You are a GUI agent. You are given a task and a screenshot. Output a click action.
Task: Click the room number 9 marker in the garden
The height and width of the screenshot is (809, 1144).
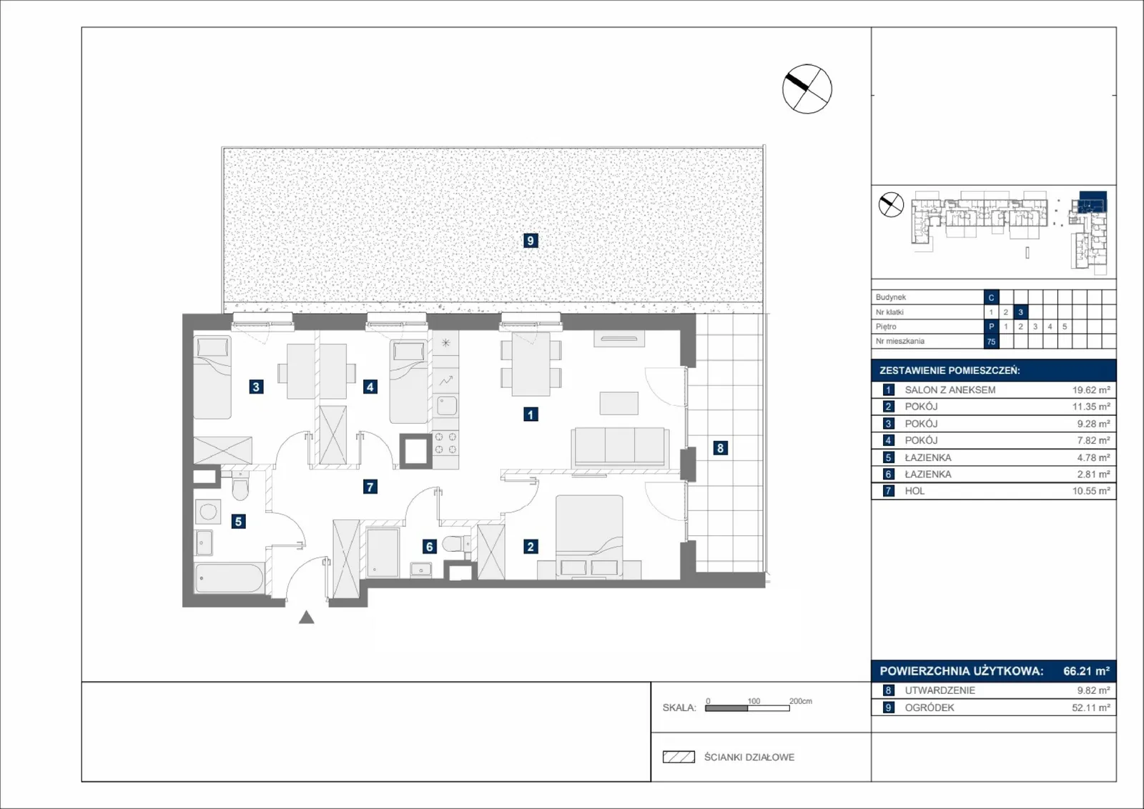click(x=530, y=240)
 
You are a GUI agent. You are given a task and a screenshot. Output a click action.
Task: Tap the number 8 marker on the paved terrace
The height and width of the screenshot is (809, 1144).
click(x=720, y=448)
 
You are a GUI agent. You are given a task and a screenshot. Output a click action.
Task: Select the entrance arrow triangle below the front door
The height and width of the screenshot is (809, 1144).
click(x=307, y=617)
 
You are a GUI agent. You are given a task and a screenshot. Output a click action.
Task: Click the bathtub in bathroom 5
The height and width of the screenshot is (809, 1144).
click(x=230, y=577)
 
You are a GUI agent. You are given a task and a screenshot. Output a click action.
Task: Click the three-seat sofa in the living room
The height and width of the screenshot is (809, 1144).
click(x=619, y=447)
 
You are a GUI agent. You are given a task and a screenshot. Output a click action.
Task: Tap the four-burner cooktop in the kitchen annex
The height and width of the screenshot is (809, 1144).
click(x=445, y=443)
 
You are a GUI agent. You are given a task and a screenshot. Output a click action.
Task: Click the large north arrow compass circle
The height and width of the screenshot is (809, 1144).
click(x=807, y=89)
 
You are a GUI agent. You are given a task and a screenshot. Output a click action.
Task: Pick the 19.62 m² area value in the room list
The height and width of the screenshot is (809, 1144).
click(x=1091, y=390)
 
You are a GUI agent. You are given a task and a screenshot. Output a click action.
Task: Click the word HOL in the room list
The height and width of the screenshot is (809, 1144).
click(x=914, y=491)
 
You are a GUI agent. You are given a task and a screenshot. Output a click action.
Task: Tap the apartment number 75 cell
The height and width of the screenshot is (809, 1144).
click(x=991, y=342)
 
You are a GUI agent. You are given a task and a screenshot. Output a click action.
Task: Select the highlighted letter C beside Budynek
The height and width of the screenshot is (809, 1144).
click(x=991, y=297)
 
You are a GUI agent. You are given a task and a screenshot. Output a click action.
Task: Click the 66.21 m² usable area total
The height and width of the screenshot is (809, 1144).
click(x=1086, y=670)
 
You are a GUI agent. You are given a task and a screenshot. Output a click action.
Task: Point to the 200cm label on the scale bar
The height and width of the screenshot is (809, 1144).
click(x=800, y=701)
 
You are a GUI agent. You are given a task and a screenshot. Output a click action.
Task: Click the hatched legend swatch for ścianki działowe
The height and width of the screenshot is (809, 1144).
click(x=679, y=757)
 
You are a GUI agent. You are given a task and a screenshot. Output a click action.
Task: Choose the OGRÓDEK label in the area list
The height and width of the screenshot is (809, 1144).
click(x=929, y=708)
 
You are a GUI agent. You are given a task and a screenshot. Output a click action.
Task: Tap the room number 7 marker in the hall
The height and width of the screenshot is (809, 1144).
click(x=370, y=487)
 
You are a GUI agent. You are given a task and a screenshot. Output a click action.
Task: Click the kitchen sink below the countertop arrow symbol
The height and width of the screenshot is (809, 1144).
click(x=446, y=406)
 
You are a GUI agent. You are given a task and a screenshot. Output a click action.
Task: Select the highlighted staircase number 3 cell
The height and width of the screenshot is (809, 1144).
click(x=1020, y=312)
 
